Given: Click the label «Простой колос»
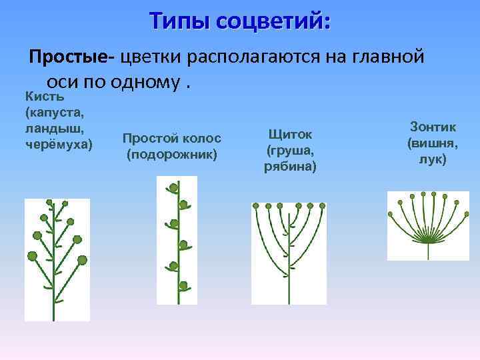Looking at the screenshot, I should tap(172, 138).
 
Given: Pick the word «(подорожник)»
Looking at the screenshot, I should tap(172, 155).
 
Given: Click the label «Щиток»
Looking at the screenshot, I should tap(290, 134).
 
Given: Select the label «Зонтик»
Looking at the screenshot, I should tap(433, 127).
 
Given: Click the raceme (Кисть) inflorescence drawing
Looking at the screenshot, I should tap(57, 260).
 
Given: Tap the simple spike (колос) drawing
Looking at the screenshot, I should tap(177, 240).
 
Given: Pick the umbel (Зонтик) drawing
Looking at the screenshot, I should tap(428, 225).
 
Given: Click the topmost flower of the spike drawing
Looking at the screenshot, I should tap(175, 185).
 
